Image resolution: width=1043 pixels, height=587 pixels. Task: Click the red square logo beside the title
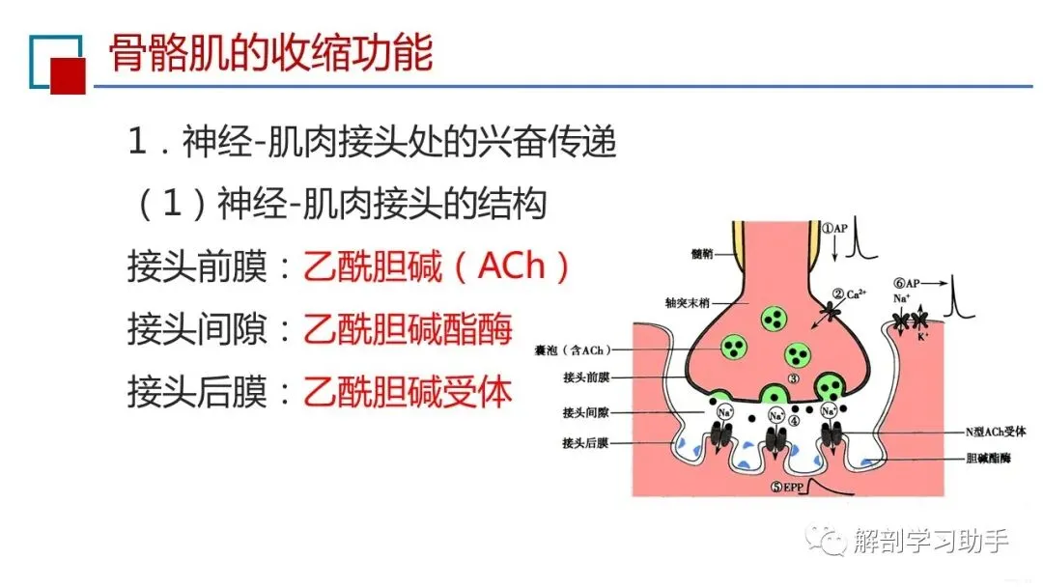click(x=68, y=75)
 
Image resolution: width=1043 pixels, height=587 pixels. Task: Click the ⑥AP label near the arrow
click(x=907, y=284)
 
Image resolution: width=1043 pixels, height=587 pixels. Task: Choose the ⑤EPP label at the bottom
click(x=789, y=486)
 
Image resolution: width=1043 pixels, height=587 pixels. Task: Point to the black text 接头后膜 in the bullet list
click(x=197, y=390)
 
